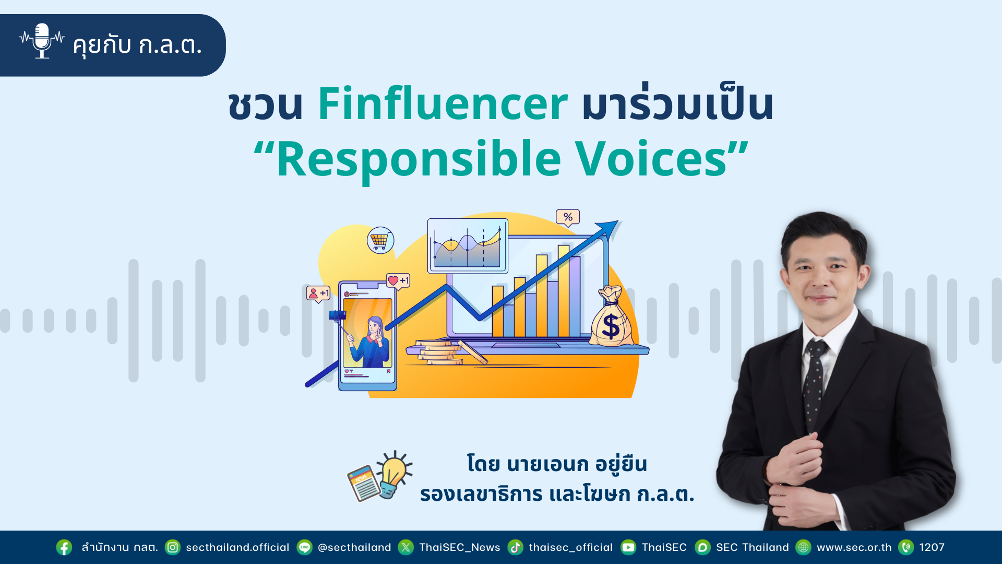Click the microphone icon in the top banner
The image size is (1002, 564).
click(42, 41)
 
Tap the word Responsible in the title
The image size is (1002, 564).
click(419, 159)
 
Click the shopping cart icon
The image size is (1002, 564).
click(380, 240)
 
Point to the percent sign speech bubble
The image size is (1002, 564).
click(568, 217)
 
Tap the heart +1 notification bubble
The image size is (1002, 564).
click(398, 281)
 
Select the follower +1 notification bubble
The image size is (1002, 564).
click(318, 293)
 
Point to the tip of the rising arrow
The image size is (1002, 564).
click(618, 221)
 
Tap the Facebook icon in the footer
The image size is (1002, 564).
click(64, 547)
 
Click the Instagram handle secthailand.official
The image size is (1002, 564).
click(237, 547)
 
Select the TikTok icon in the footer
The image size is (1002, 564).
click(516, 547)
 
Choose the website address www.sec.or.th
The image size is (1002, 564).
click(854, 547)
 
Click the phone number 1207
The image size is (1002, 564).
click(932, 547)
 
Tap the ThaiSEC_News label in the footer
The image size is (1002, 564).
click(460, 547)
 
